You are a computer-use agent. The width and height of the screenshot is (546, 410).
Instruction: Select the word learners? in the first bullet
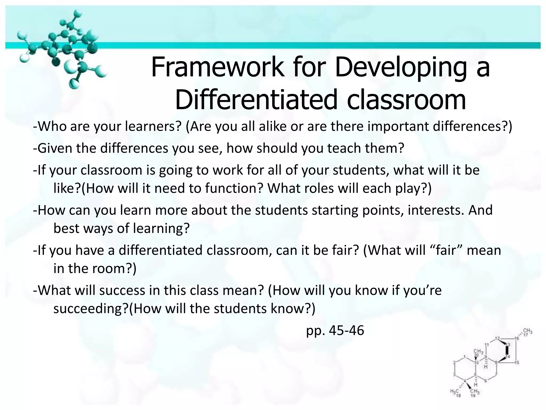tap(153, 126)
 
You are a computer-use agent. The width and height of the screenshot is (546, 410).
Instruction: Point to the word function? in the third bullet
tap(234, 188)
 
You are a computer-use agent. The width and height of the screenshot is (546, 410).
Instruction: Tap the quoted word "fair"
tap(447, 250)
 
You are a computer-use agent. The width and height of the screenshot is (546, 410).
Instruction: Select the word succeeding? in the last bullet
tap(91, 309)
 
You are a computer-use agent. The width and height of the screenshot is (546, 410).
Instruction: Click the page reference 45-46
tap(346, 331)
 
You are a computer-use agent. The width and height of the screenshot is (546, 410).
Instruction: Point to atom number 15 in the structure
tap(517, 362)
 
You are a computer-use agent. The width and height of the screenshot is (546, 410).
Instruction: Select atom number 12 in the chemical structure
tap(497, 338)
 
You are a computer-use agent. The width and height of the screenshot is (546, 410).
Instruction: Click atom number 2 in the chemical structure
tap(454, 362)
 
